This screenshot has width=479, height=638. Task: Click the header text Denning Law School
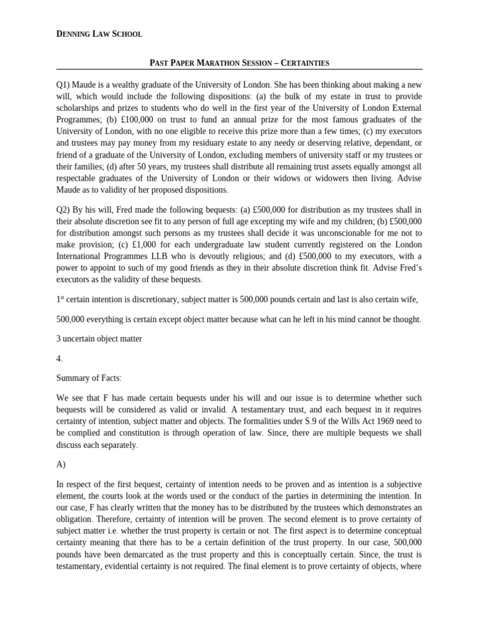[99, 34]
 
